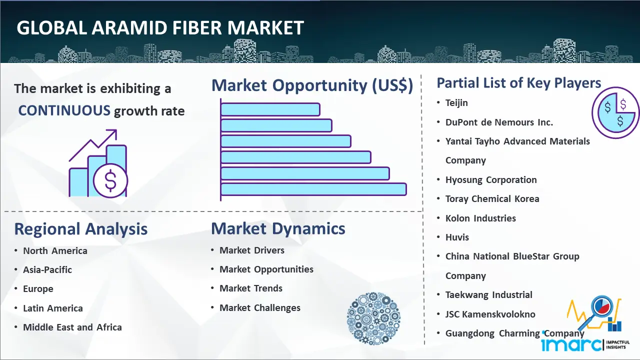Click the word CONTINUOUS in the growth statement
click(64, 110)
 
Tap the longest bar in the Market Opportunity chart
click(313, 189)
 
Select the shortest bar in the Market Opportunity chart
click(270, 109)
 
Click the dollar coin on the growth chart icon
click(110, 181)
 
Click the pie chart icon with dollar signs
click(615, 113)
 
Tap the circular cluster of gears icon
click(373, 318)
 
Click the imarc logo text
click(571, 344)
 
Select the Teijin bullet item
click(456, 103)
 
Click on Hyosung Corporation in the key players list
click(491, 179)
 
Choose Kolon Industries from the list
click(480, 218)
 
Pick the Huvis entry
click(457, 237)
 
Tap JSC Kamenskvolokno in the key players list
click(490, 314)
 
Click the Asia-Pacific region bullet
click(47, 269)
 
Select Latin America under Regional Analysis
click(53, 308)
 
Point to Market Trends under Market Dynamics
click(251, 288)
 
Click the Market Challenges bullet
click(260, 307)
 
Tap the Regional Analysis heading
click(81, 229)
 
